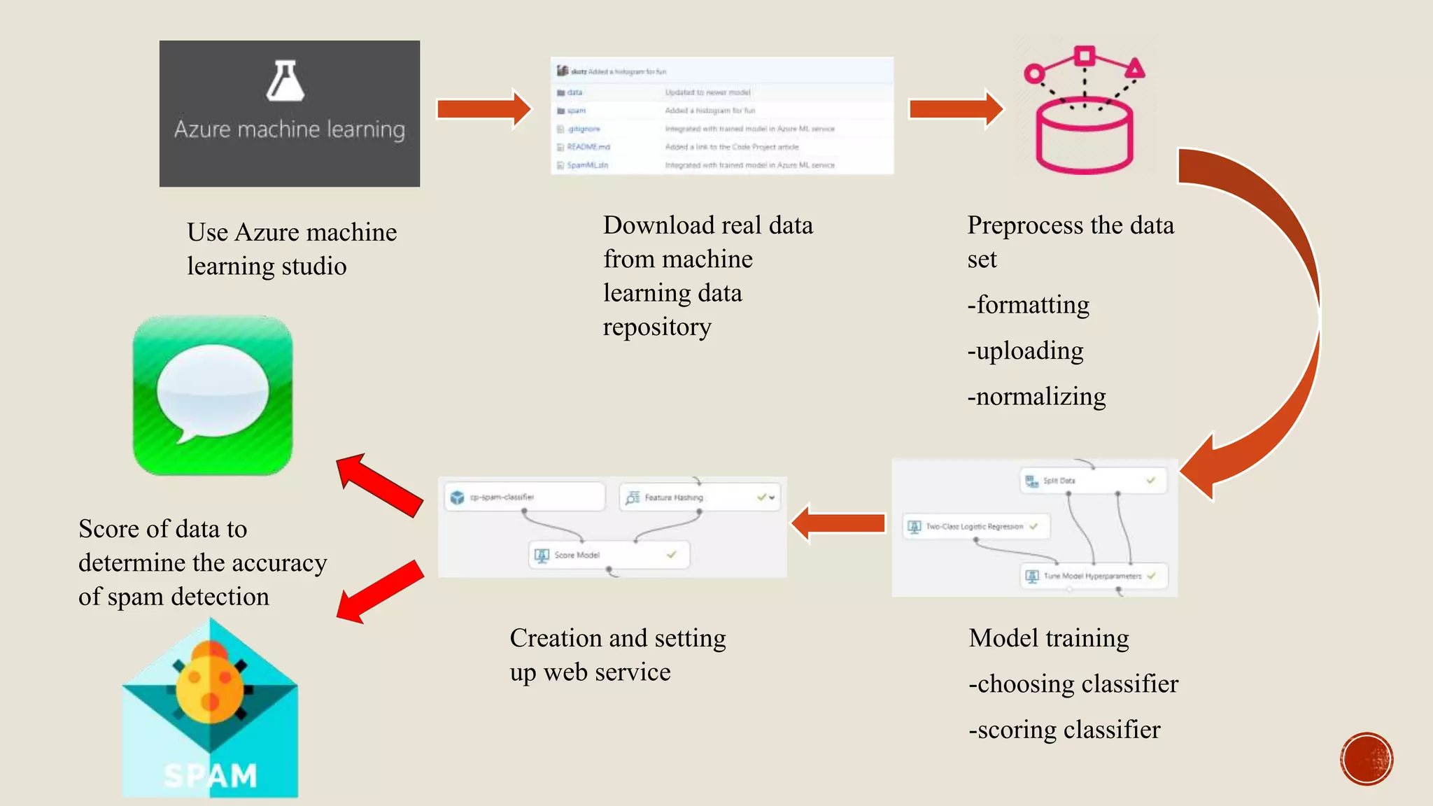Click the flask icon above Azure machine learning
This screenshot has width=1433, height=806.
click(285, 81)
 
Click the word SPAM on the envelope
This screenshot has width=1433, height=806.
click(210, 775)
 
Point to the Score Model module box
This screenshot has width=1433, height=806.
click(608, 555)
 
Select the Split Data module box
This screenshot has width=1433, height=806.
click(1092, 481)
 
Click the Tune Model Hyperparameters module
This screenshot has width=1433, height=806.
click(1093, 576)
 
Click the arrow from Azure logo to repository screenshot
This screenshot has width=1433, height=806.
click(484, 108)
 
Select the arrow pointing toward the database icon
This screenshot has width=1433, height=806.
click(956, 108)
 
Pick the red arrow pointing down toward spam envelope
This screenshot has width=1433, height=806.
click(380, 592)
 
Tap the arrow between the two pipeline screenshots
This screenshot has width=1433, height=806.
click(838, 523)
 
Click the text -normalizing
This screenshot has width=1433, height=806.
click(1036, 397)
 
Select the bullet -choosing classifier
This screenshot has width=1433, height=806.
click(1073, 684)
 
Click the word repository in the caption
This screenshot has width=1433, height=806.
click(657, 327)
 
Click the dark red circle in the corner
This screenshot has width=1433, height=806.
click(1367, 759)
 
